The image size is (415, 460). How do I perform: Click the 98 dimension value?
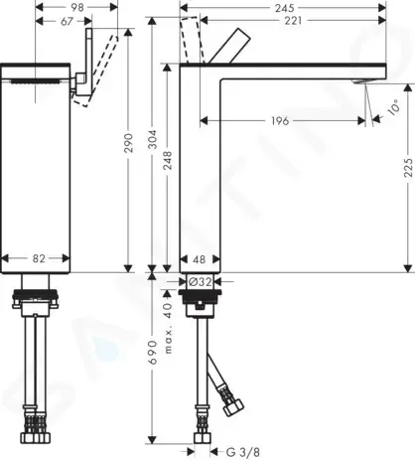tap(77, 7)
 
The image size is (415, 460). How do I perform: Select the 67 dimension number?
tap(67, 21)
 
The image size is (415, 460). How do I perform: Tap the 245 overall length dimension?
tap(285, 8)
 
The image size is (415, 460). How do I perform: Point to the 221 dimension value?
tap(293, 21)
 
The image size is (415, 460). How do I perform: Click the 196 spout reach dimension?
tap(280, 121)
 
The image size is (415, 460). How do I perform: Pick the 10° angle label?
tap(393, 107)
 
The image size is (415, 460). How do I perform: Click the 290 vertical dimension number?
tap(128, 143)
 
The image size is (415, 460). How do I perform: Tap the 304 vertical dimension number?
tap(152, 140)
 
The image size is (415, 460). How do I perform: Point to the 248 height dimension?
tap(168, 161)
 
